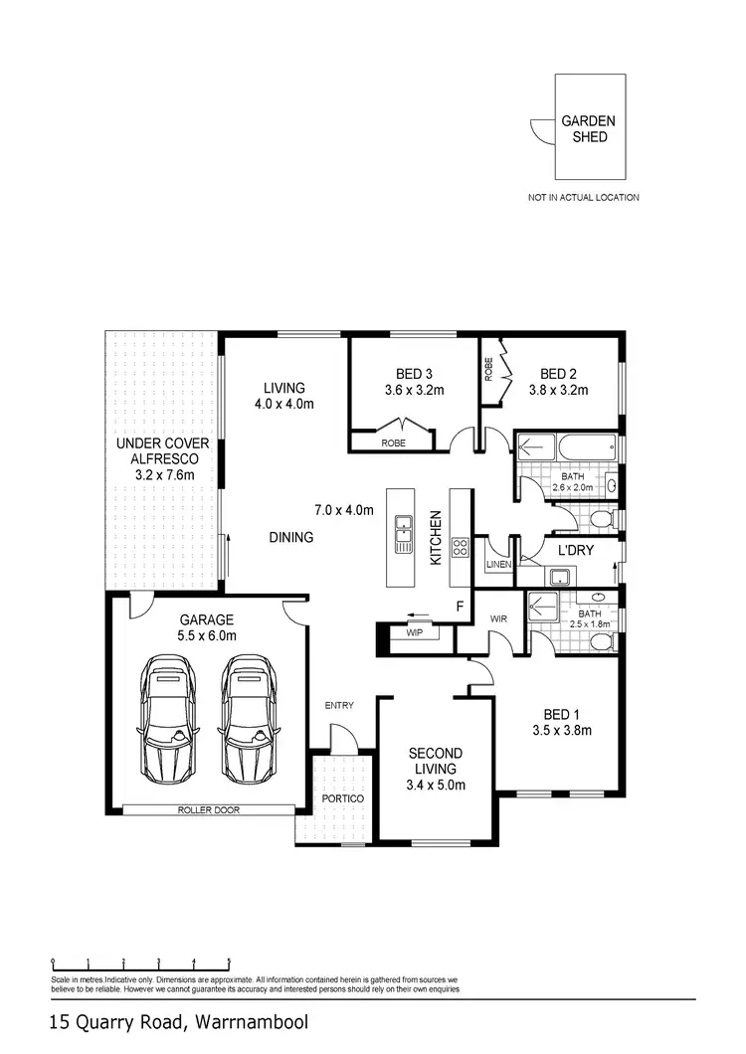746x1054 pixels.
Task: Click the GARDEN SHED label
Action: point(588,129)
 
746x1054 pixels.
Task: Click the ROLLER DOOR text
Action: point(209,809)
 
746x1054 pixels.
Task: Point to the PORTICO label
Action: point(342,799)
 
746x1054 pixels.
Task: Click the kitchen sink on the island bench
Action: point(403,534)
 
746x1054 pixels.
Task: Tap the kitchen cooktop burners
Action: point(461,547)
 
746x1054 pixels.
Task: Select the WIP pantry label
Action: point(414,632)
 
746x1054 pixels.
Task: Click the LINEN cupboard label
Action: point(497,565)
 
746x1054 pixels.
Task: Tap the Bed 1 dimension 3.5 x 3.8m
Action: point(562,731)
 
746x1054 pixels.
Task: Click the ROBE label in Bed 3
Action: point(393,442)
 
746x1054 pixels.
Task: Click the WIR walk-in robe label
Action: point(498,619)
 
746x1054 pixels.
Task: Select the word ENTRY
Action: point(339,705)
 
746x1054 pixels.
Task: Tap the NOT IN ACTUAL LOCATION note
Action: point(583,198)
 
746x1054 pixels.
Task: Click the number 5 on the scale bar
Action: point(230,963)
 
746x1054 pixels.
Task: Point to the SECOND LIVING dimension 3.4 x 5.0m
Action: point(436,785)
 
